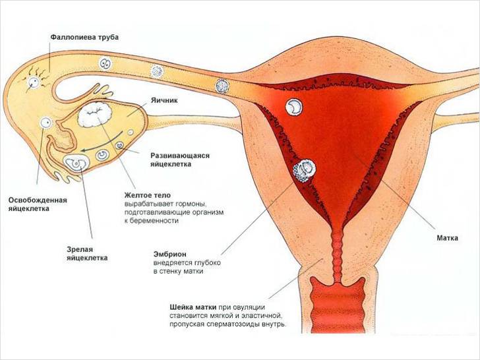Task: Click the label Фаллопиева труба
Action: tap(84, 38)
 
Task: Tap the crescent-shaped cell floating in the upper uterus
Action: tap(294, 105)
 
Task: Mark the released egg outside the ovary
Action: tap(45, 123)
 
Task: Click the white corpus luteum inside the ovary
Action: tap(96, 117)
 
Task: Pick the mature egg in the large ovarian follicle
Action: tap(76, 160)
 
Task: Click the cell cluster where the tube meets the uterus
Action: tap(222, 85)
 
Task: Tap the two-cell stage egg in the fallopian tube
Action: tap(104, 64)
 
